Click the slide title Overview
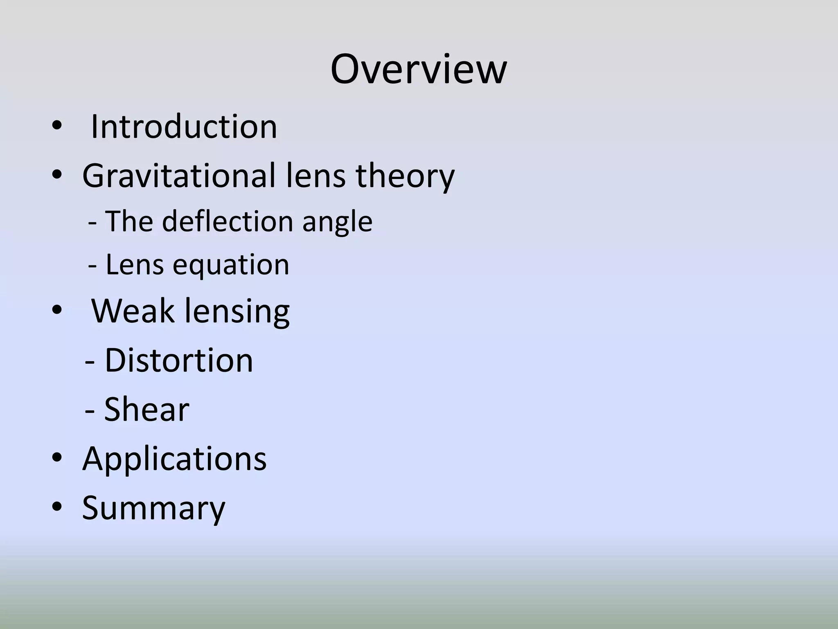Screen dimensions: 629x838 [x=419, y=70]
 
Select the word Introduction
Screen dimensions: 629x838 [x=184, y=127]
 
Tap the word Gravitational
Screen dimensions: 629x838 [x=178, y=176]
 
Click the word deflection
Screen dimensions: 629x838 [x=228, y=221]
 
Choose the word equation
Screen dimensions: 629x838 [x=231, y=265]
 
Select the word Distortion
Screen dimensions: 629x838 [x=179, y=360]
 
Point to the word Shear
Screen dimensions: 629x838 [x=146, y=409]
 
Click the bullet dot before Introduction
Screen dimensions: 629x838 [x=56, y=127]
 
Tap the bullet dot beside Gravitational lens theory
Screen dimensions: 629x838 [x=56, y=176]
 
